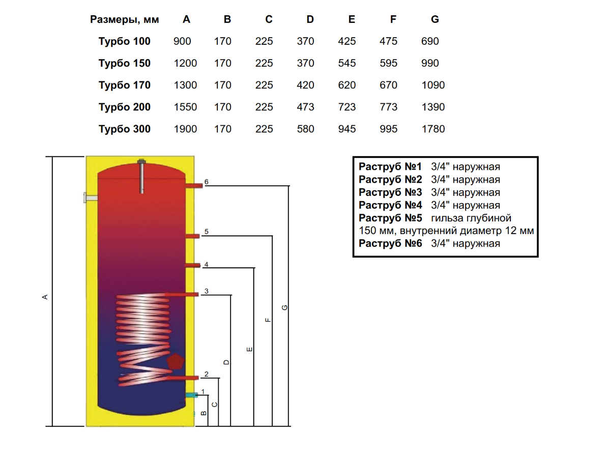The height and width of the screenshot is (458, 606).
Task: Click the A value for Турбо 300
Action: point(185,129)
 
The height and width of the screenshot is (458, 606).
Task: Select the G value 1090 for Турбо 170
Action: point(433,85)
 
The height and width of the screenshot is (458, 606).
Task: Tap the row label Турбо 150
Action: point(125,64)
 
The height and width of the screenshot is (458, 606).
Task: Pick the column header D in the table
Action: point(310,20)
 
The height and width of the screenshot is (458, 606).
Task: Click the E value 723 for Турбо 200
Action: point(347,107)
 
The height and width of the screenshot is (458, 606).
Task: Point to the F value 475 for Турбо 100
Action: point(388,42)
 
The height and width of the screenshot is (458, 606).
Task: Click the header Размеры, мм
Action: point(125,20)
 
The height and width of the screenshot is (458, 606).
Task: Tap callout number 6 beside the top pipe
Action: point(207,182)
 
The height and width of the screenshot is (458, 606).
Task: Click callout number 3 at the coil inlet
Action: point(207,291)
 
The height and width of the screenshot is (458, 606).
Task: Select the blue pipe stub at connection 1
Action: point(191,395)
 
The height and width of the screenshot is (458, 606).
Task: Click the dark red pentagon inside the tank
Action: point(175,361)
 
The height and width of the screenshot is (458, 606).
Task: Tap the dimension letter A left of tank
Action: point(45,296)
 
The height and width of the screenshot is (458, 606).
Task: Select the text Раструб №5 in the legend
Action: point(390,218)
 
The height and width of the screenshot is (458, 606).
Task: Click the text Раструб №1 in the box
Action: point(390,167)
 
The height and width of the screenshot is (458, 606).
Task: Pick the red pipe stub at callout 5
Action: point(192,235)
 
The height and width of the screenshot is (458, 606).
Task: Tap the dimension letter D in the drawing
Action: point(226,362)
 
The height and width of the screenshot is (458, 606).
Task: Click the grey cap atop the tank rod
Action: point(141,162)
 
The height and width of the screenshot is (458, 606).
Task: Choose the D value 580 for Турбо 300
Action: point(305,129)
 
